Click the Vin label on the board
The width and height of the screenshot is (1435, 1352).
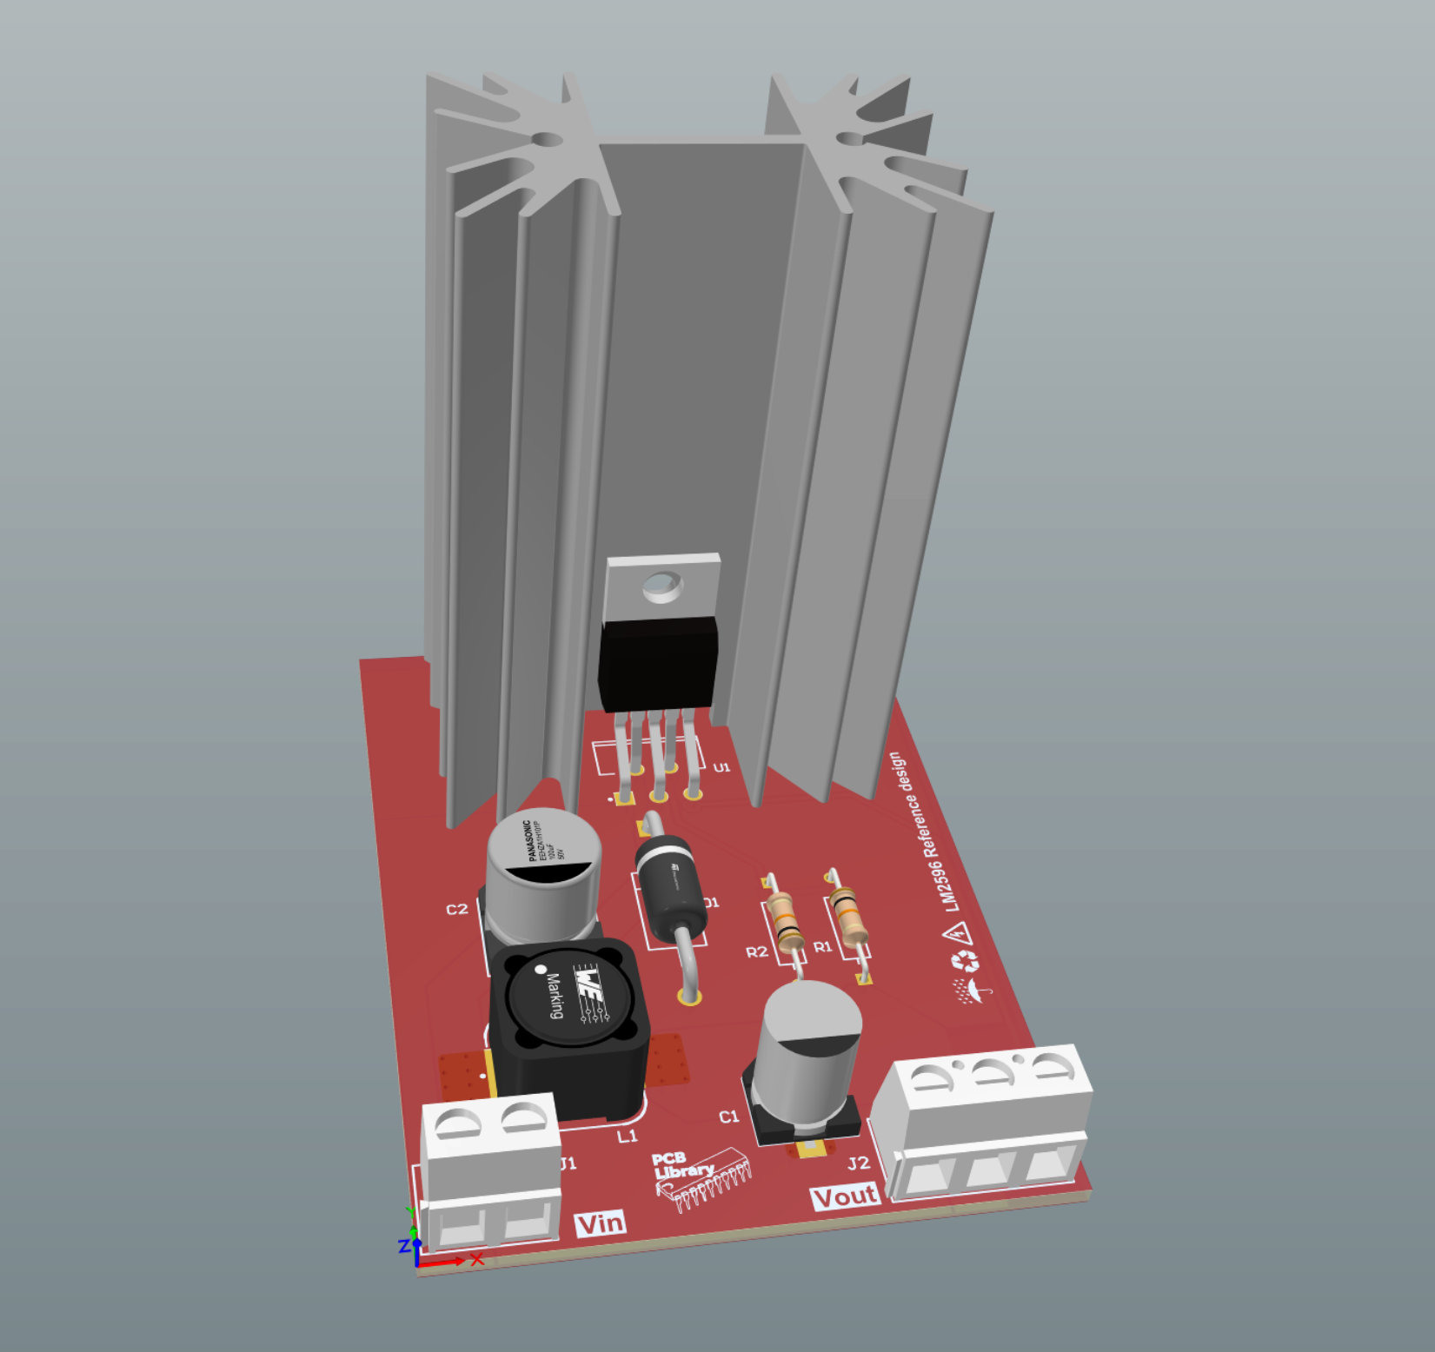click(x=601, y=1223)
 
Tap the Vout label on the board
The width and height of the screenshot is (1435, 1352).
click(x=845, y=1196)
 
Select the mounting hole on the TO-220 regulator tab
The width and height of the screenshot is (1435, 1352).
click(x=662, y=587)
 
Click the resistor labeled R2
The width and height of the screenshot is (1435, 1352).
click(x=785, y=919)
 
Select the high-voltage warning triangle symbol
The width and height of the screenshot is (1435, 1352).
click(x=957, y=934)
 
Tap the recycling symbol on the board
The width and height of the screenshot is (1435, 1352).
click(x=965, y=962)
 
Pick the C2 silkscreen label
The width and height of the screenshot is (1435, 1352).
click(x=456, y=910)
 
